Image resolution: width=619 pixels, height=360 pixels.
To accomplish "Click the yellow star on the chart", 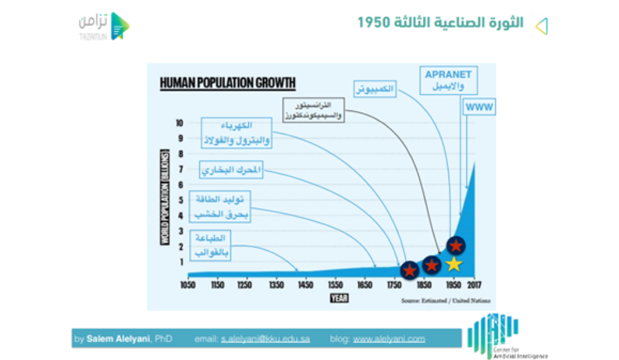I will coord(453,264).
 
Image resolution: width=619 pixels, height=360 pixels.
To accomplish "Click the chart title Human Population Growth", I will coord(228,83).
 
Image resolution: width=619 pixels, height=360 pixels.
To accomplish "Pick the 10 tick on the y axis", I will coord(180,123).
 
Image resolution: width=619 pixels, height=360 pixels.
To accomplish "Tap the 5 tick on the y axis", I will coord(180,200).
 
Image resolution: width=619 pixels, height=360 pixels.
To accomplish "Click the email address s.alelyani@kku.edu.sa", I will coord(265,339).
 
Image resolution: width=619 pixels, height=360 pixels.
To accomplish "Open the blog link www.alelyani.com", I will coord(389,339).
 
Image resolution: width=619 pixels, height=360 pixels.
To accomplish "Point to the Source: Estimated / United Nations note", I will coord(446,300).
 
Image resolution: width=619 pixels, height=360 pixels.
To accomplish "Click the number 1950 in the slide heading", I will coord(372,24).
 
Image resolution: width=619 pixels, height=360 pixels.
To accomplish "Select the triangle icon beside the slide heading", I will coord(542,25).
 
